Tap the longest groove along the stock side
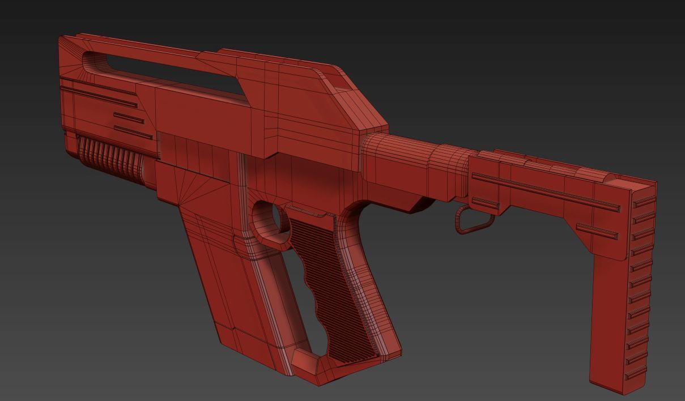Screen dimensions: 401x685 pos(544,191)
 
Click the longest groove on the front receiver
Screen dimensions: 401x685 pos(99,96)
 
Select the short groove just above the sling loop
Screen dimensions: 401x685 pos(485,203)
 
